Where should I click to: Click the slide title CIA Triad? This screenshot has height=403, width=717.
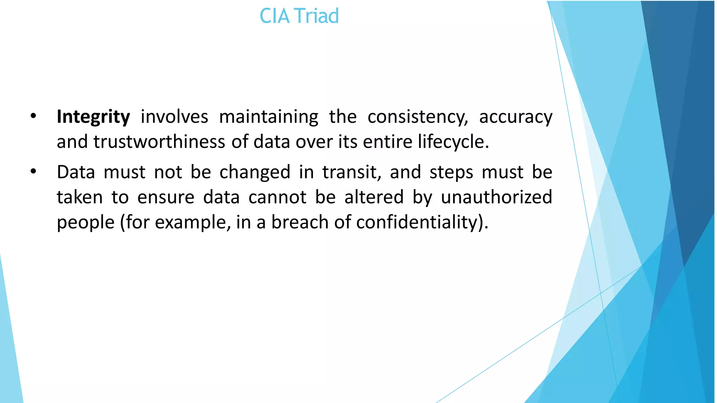click(x=299, y=16)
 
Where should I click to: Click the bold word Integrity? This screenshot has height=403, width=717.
click(x=93, y=117)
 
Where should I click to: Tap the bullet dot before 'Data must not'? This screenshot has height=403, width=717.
click(x=33, y=172)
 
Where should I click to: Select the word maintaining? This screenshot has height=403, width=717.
click(x=269, y=117)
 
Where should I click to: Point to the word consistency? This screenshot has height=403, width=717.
click(x=417, y=117)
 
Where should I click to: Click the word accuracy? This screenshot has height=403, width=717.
click(x=516, y=117)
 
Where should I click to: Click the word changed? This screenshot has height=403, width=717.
click(x=255, y=172)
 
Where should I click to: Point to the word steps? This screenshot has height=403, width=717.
click(x=451, y=172)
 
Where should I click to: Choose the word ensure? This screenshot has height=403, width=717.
click(x=166, y=197)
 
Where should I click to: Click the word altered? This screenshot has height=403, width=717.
click(x=374, y=197)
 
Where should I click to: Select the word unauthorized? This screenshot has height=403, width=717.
click(x=496, y=197)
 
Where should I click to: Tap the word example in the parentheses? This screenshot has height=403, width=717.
click(x=193, y=222)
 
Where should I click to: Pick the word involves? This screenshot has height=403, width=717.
click(x=174, y=117)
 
